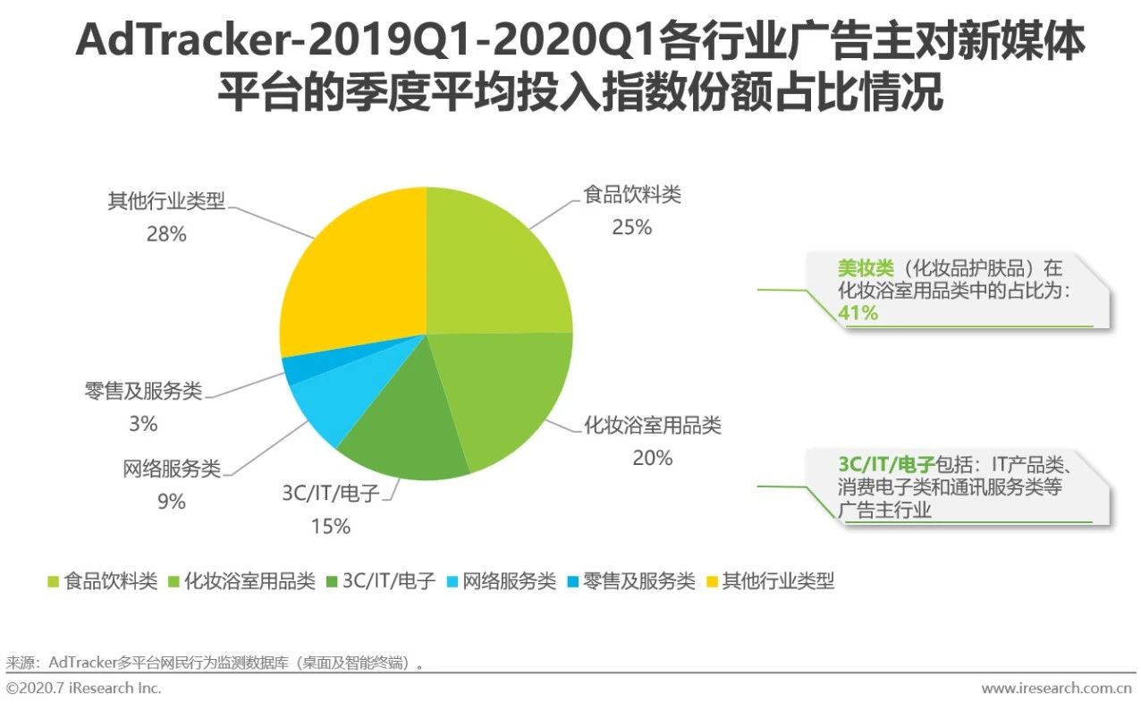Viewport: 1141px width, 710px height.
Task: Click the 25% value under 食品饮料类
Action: [631, 228]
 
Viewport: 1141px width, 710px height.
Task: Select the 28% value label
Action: [166, 234]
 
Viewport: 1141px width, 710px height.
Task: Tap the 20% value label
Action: [652, 458]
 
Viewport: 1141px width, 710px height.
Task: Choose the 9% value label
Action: [171, 503]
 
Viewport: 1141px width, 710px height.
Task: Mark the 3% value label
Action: [143, 424]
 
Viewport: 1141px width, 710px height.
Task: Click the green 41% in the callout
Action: [858, 313]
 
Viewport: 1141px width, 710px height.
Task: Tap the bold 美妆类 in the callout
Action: [859, 267]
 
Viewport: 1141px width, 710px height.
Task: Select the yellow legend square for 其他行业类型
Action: [712, 582]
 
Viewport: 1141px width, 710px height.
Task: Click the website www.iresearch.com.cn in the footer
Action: [1057, 689]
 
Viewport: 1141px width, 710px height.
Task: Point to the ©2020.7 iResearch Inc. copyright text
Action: [84, 689]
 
